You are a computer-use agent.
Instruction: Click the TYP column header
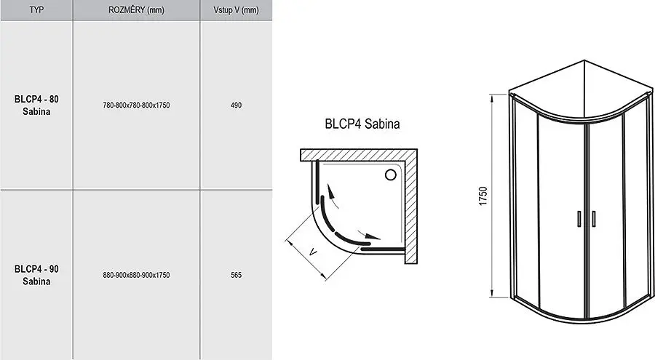pos(36,9)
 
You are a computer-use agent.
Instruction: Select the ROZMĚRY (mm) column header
pos(136,9)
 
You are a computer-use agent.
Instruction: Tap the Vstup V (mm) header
pos(236,9)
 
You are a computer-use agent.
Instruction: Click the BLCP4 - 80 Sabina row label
pos(37,105)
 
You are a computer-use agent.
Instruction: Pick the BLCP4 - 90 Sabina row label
pos(37,275)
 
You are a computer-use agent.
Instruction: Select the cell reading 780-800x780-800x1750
pos(136,105)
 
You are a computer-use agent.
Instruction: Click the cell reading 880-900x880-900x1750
pos(136,275)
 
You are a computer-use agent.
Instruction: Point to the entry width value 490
pos(236,105)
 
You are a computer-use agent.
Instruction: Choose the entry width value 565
pos(236,275)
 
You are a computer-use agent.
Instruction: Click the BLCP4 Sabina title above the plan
pos(362,124)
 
